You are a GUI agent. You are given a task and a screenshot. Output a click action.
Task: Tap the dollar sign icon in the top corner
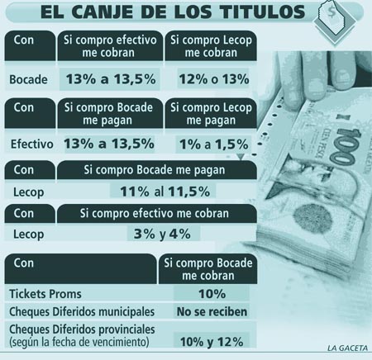[x=331, y=12]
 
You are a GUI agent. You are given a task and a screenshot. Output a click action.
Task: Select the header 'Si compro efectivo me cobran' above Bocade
[x=110, y=46]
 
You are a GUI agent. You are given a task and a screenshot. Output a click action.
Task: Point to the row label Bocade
[x=28, y=79]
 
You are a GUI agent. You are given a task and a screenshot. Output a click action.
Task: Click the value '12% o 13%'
[x=214, y=79]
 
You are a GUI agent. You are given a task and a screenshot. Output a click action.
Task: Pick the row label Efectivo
[x=31, y=144]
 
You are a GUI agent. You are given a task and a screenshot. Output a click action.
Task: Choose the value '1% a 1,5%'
[x=214, y=144]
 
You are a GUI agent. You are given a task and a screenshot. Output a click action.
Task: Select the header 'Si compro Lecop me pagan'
[x=211, y=114]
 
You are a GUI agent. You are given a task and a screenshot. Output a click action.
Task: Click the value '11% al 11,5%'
[x=165, y=192]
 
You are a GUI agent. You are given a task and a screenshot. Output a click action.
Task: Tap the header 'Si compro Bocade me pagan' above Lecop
[x=155, y=170]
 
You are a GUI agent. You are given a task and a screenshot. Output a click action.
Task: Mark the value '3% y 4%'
[x=162, y=234]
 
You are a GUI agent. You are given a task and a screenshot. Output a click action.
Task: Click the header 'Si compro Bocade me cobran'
[x=208, y=269]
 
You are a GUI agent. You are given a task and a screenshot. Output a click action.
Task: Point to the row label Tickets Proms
[x=45, y=294]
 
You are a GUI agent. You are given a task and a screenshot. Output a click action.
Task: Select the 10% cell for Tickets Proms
[x=212, y=294]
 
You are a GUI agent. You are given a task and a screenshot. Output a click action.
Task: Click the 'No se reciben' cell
[x=212, y=312]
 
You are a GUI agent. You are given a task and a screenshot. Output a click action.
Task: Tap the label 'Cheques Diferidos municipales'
[x=82, y=312]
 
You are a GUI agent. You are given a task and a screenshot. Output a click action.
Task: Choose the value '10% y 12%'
[x=212, y=342]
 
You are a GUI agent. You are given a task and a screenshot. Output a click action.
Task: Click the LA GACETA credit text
[x=347, y=348]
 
